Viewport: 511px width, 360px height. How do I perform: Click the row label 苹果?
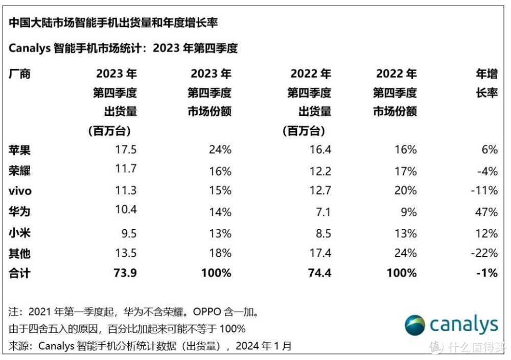coord(19,150)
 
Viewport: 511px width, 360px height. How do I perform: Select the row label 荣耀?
coord(19,171)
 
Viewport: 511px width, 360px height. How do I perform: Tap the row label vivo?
coord(20,191)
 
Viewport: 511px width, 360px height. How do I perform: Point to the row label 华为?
coord(19,211)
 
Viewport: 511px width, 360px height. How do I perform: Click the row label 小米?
coord(19,232)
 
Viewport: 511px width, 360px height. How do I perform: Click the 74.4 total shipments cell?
coord(319,273)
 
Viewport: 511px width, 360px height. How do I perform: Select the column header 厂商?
coord(19,74)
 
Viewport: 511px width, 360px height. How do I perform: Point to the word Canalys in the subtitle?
coord(29,49)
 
